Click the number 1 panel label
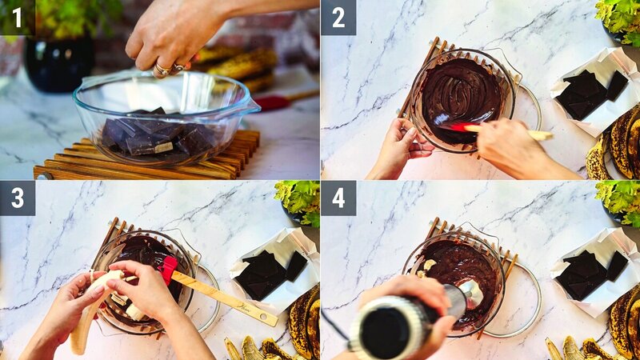[17, 17]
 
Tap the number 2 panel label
[338, 17]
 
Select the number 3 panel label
[17, 198]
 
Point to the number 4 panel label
[338, 198]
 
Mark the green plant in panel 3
[300, 200]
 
